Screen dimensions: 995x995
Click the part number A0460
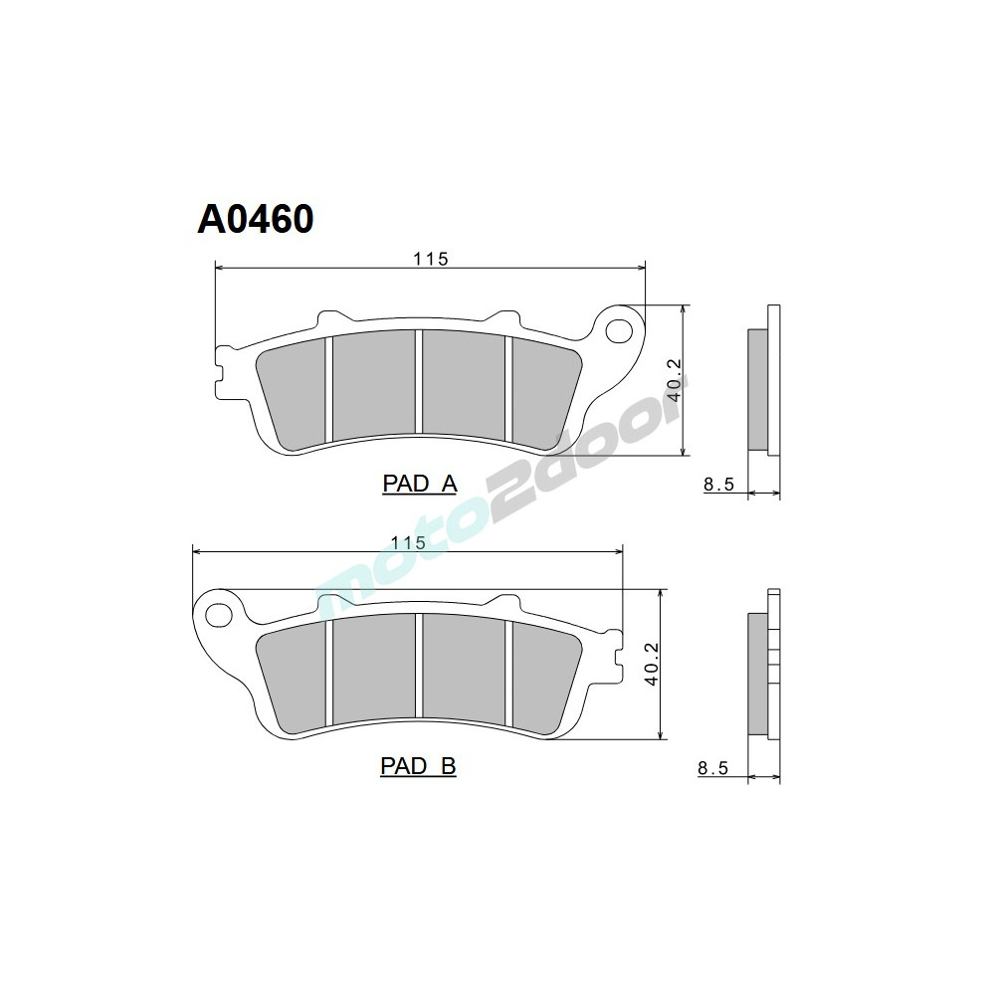tap(256, 219)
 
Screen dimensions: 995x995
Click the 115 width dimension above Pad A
tap(431, 259)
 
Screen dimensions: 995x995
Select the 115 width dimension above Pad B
tap(408, 542)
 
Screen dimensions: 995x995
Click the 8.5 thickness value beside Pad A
tap(717, 485)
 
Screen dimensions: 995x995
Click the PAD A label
tap(419, 484)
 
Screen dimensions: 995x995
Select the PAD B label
tap(418, 766)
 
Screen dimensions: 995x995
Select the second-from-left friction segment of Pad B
tap(374, 670)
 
